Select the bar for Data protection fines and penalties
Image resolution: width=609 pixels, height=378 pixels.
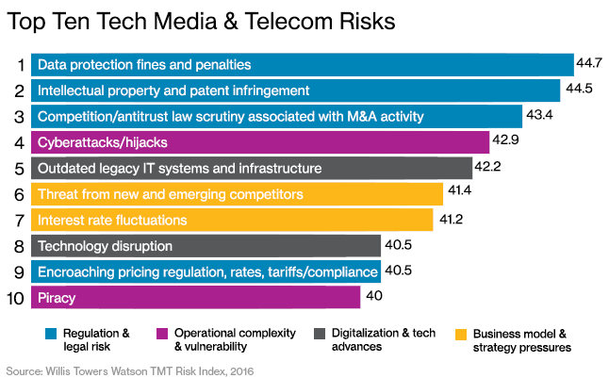[x=302, y=64]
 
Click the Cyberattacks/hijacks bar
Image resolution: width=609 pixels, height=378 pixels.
[x=259, y=142]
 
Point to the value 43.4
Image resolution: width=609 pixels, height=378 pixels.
[x=538, y=116]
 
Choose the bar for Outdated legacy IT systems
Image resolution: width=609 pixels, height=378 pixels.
[x=251, y=168]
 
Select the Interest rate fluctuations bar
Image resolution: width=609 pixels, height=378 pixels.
[x=236, y=220]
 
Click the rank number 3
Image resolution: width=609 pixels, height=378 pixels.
[x=19, y=117]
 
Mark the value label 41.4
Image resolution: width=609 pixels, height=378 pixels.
[x=459, y=194]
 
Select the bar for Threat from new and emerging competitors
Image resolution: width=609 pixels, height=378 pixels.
[x=237, y=194]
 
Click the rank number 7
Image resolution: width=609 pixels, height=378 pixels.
[x=19, y=221]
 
